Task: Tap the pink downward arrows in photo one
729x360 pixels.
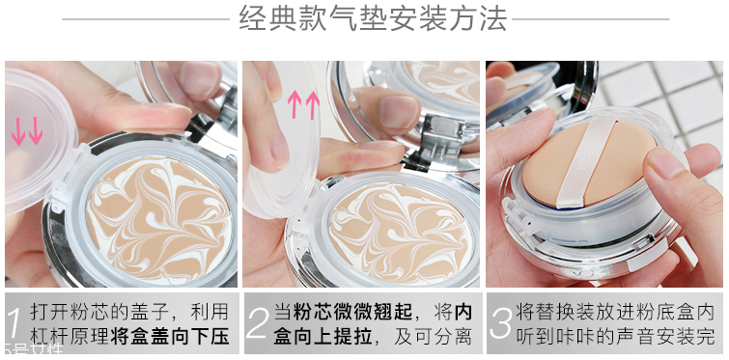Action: (x=27, y=132)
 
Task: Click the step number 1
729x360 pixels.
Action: (x=14, y=323)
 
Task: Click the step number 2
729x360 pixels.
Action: (x=256, y=323)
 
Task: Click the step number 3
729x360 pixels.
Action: (x=499, y=323)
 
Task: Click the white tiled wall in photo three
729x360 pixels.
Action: (x=676, y=97)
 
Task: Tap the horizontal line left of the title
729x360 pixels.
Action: (x=145, y=19)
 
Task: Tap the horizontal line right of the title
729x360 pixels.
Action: (x=589, y=19)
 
